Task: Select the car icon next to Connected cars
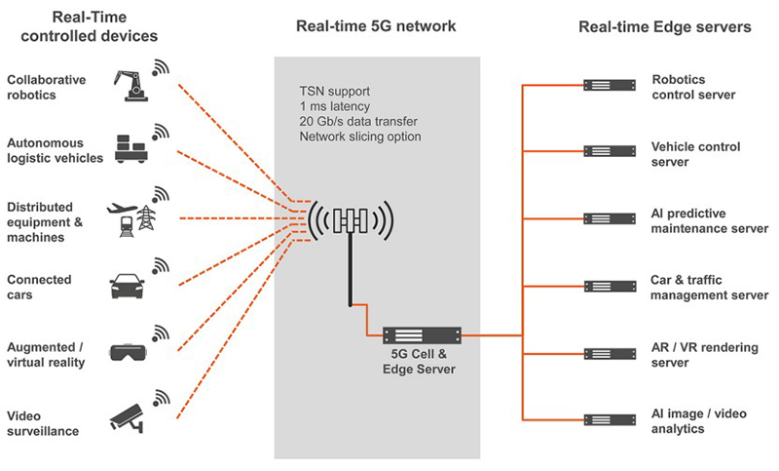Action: pos(130,285)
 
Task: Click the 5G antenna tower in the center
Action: pos(350,223)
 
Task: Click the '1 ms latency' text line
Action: pos(337,107)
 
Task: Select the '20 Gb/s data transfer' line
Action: pos(359,122)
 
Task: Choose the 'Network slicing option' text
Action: pos(360,137)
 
